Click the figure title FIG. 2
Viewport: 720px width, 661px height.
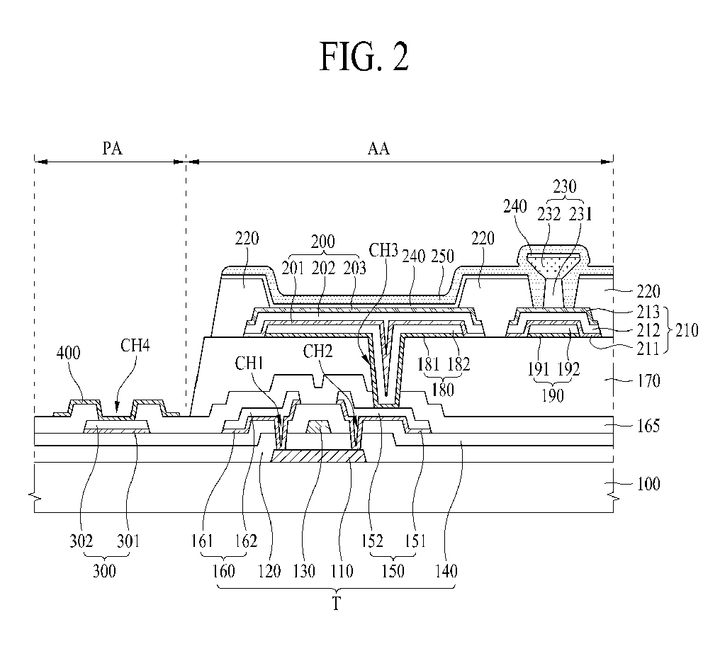click(x=364, y=56)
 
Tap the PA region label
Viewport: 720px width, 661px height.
click(x=112, y=148)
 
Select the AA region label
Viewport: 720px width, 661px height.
click(x=378, y=148)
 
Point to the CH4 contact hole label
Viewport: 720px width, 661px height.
click(x=135, y=345)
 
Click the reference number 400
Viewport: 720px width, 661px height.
click(x=69, y=353)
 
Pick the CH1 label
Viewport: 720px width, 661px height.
click(x=249, y=363)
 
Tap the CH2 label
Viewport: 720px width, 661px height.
click(x=317, y=351)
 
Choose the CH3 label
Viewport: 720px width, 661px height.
click(x=383, y=250)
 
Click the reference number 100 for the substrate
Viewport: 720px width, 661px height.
click(x=648, y=483)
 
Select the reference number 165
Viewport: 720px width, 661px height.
click(x=648, y=426)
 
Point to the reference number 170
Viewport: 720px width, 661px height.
click(x=648, y=380)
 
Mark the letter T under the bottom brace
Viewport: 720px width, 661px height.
click(x=336, y=604)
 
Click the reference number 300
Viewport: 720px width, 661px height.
click(x=104, y=571)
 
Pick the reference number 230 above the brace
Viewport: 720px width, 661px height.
click(x=564, y=186)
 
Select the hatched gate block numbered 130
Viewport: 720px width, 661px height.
click(x=319, y=426)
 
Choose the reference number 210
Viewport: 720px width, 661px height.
click(x=687, y=330)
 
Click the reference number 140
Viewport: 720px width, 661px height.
click(x=446, y=571)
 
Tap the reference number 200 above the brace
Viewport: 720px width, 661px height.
click(x=323, y=242)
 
